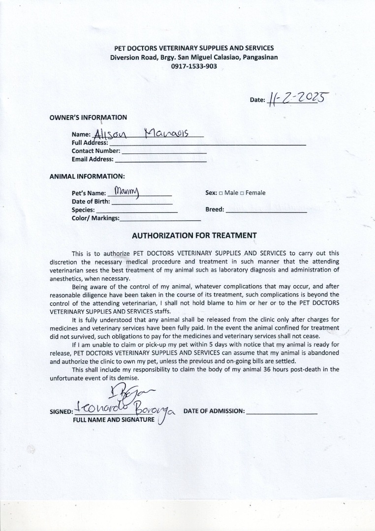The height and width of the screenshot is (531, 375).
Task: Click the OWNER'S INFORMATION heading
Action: (x=88, y=118)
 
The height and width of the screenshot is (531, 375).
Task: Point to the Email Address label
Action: (x=93, y=159)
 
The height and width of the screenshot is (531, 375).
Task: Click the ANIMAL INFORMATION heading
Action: (x=87, y=176)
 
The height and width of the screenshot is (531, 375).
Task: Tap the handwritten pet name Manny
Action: (x=127, y=191)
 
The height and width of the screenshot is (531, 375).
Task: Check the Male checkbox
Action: (x=221, y=193)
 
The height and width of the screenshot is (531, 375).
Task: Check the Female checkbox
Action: (x=242, y=193)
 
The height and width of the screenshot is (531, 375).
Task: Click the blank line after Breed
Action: (x=266, y=210)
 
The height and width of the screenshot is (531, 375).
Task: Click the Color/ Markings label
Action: (x=95, y=218)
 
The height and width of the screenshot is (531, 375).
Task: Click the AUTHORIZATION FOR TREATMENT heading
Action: (x=194, y=236)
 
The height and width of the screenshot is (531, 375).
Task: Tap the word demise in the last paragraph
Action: (x=127, y=378)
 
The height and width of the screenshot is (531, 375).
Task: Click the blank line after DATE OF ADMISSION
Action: (x=281, y=412)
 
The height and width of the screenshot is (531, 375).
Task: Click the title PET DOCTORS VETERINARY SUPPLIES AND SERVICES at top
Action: (x=194, y=48)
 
